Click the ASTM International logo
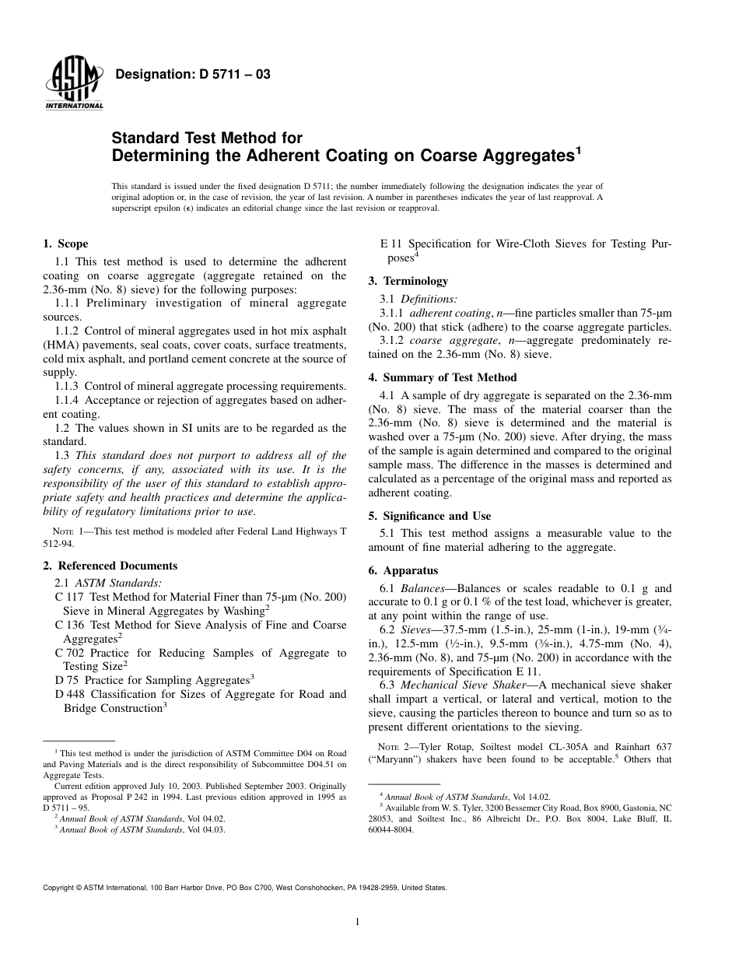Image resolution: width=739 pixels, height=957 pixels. (74, 84)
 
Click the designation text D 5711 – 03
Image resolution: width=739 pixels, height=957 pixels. (192, 75)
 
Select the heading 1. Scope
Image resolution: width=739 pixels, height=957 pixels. (66, 244)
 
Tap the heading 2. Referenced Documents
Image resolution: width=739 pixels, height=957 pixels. (110, 566)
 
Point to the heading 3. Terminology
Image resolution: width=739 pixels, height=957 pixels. (408, 281)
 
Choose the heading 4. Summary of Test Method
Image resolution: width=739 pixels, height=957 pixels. (443, 377)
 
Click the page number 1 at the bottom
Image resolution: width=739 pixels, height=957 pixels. (357, 922)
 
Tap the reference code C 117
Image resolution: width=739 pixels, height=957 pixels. (68, 597)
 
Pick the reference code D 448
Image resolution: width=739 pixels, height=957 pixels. (68, 694)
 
